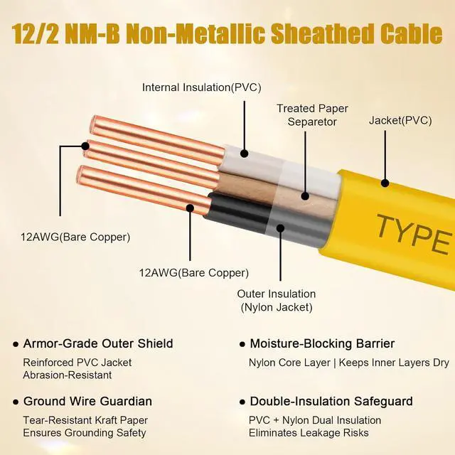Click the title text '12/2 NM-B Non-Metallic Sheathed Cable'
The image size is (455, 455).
pos(227,33)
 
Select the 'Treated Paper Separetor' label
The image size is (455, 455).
pos(307,115)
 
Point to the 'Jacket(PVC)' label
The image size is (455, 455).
pos(400,120)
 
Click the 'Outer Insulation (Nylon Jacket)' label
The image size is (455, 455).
pos(277,301)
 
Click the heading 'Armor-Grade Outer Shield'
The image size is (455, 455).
pos(98,344)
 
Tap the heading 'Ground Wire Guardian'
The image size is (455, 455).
pos(87,401)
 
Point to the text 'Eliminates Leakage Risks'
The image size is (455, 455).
pos(308,433)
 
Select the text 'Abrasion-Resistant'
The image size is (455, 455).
pos(67,375)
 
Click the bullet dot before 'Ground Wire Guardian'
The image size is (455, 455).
pos(15,402)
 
